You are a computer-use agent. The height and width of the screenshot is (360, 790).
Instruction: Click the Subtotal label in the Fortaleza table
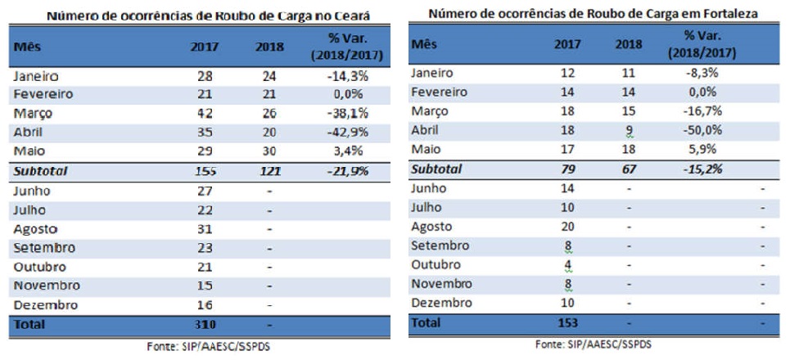[436, 169]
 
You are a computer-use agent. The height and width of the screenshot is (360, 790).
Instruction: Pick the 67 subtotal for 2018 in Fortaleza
[626, 169]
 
